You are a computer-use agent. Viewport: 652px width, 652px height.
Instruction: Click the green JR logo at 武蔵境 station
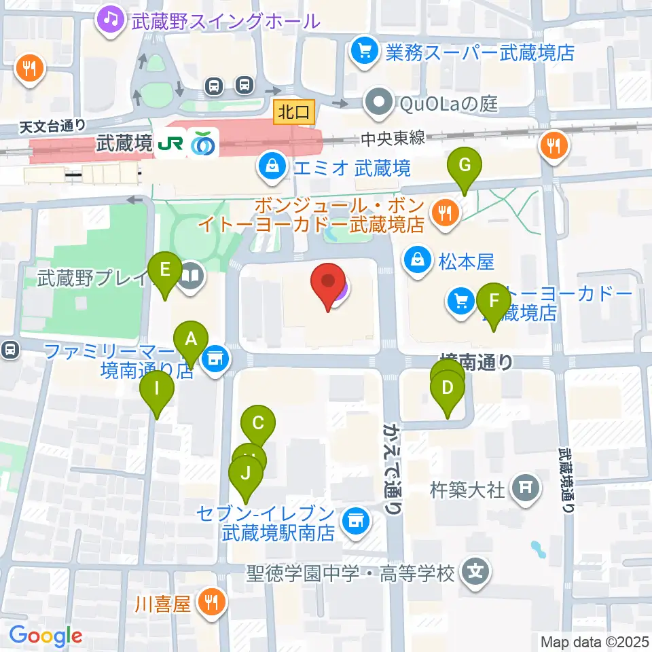point(170,145)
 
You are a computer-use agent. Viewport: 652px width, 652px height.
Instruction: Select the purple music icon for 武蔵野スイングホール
point(109,18)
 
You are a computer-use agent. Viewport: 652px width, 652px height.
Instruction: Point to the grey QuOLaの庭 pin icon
point(376,103)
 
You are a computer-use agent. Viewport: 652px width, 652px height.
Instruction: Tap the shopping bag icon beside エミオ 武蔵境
point(271,166)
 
